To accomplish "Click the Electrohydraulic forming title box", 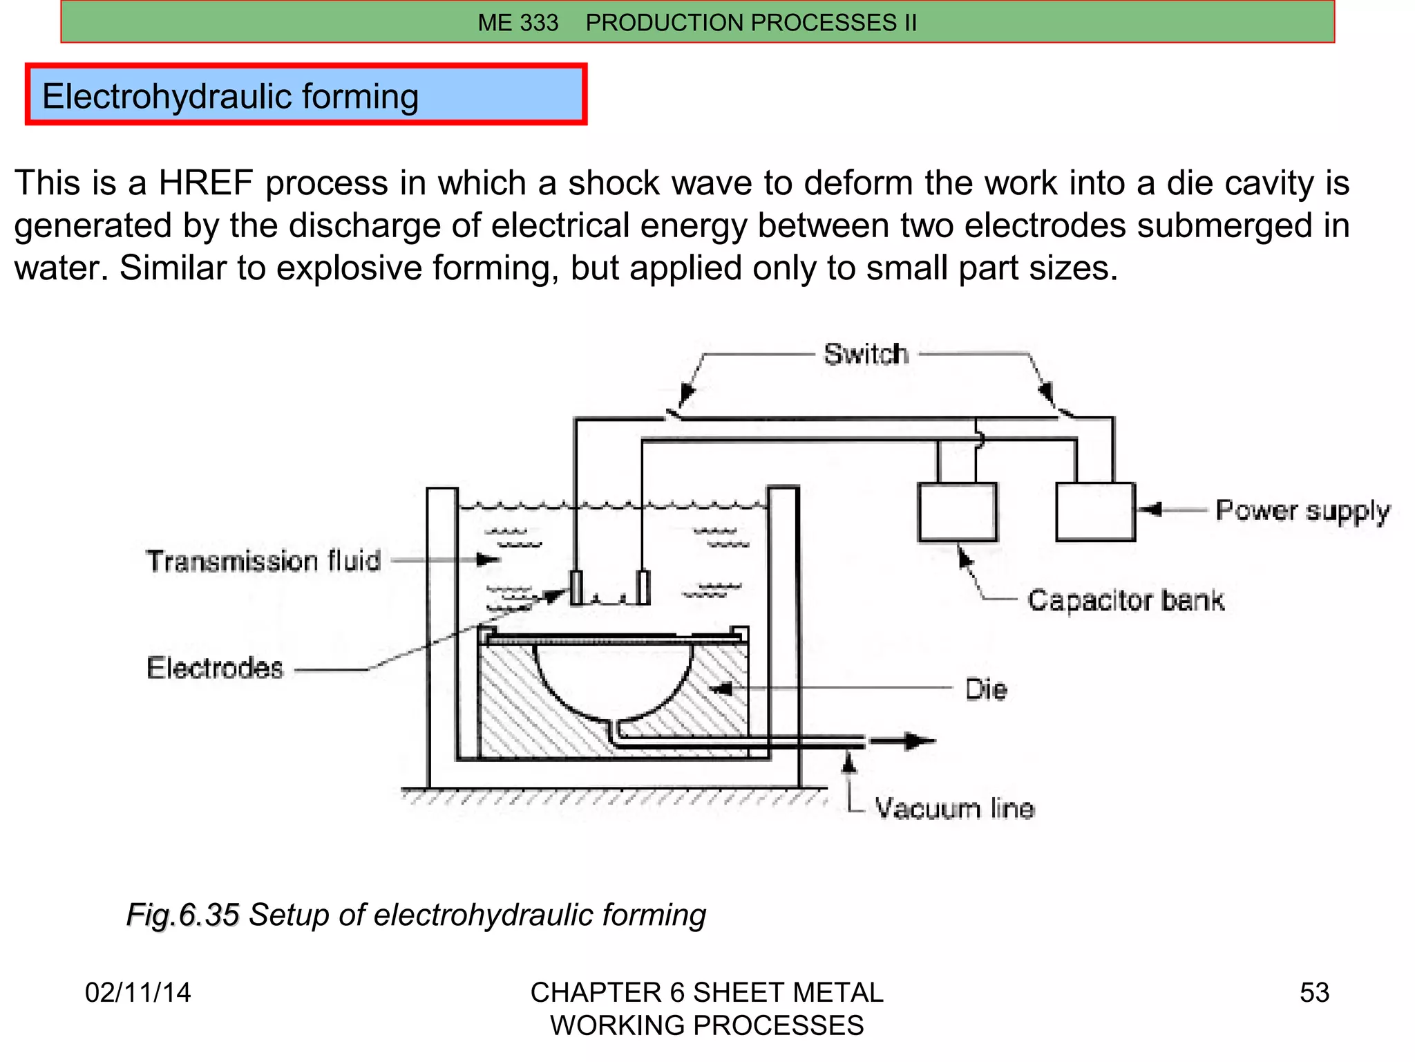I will click(x=306, y=95).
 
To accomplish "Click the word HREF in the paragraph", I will click(x=205, y=183).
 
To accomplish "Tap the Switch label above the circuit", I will click(x=866, y=354).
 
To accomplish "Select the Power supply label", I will click(x=1302, y=511).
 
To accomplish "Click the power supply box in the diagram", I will click(x=1095, y=512).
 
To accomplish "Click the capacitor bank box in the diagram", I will click(x=957, y=512).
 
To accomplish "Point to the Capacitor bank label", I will click(x=1126, y=600).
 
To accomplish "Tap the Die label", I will click(x=986, y=689).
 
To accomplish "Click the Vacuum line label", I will click(x=954, y=808).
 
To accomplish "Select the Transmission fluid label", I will click(x=263, y=561).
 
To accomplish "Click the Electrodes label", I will click(x=215, y=668).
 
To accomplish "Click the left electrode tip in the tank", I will click(x=576, y=588).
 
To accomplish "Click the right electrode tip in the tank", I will click(x=643, y=588).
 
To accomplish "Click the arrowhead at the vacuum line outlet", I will click(x=920, y=741).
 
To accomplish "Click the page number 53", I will click(x=1314, y=993).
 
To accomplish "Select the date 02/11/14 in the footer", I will click(x=137, y=993).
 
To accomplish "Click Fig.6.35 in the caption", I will click(x=182, y=915).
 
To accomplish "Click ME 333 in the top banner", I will click(x=517, y=23).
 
